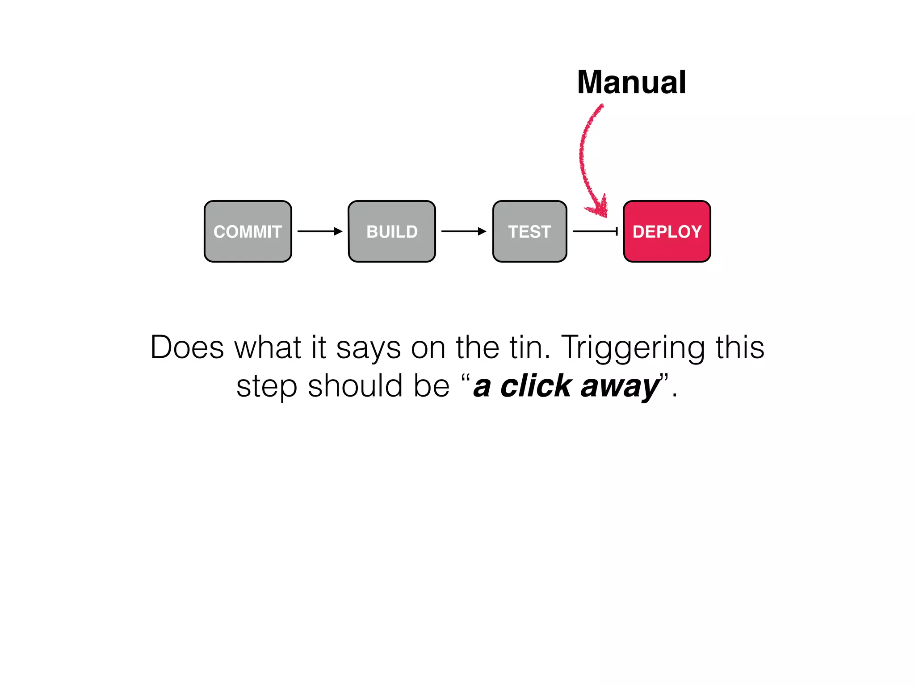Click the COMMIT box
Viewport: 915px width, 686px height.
coord(248,231)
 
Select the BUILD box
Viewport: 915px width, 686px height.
coord(392,231)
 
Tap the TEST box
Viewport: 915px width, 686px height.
coord(529,231)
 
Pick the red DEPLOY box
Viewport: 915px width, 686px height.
coord(667,231)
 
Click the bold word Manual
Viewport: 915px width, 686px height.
coord(631,83)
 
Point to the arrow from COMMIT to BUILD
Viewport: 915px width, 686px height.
coord(319,231)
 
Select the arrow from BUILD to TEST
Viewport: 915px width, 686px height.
coord(463,231)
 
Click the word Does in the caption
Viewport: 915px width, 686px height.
coord(187,347)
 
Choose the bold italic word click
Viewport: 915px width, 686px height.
coord(536,386)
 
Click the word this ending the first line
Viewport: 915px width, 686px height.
coord(740,347)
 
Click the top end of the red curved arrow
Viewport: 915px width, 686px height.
coord(601,106)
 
